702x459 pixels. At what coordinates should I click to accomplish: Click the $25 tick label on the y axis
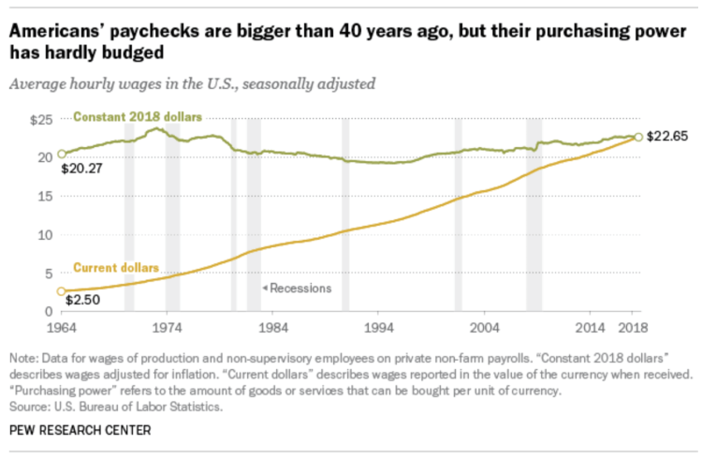pyautogui.click(x=43, y=119)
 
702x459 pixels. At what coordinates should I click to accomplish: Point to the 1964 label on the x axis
pyautogui.click(x=62, y=328)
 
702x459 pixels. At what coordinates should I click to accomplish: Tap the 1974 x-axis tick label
pyautogui.click(x=168, y=328)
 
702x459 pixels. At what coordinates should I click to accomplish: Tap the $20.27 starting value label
pyautogui.click(x=80, y=170)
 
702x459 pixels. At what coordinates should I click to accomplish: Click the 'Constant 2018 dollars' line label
pyautogui.click(x=138, y=117)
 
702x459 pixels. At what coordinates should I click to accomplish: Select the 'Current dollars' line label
pyautogui.click(x=116, y=267)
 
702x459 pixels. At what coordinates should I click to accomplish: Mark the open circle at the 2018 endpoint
pyautogui.click(x=638, y=137)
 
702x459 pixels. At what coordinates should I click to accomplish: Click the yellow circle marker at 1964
pyautogui.click(x=62, y=291)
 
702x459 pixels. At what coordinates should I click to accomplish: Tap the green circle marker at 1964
pyautogui.click(x=62, y=154)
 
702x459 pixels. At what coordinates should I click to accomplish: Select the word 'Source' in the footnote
pyautogui.click(x=30, y=407)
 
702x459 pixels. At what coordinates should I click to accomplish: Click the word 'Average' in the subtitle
pyautogui.click(x=36, y=83)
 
